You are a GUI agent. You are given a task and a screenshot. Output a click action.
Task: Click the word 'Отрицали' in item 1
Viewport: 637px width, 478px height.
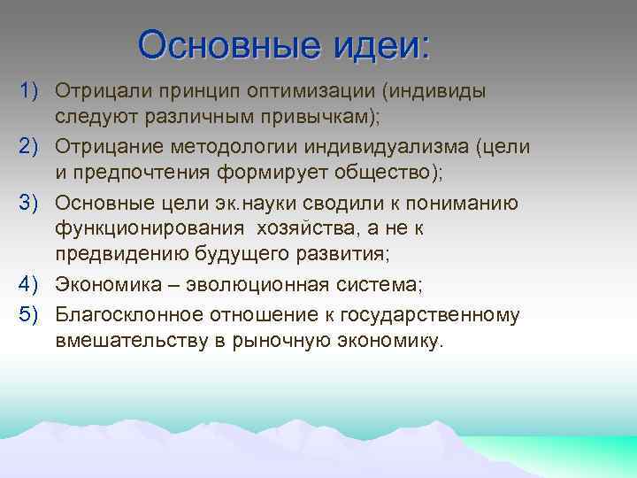tap(105, 92)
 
